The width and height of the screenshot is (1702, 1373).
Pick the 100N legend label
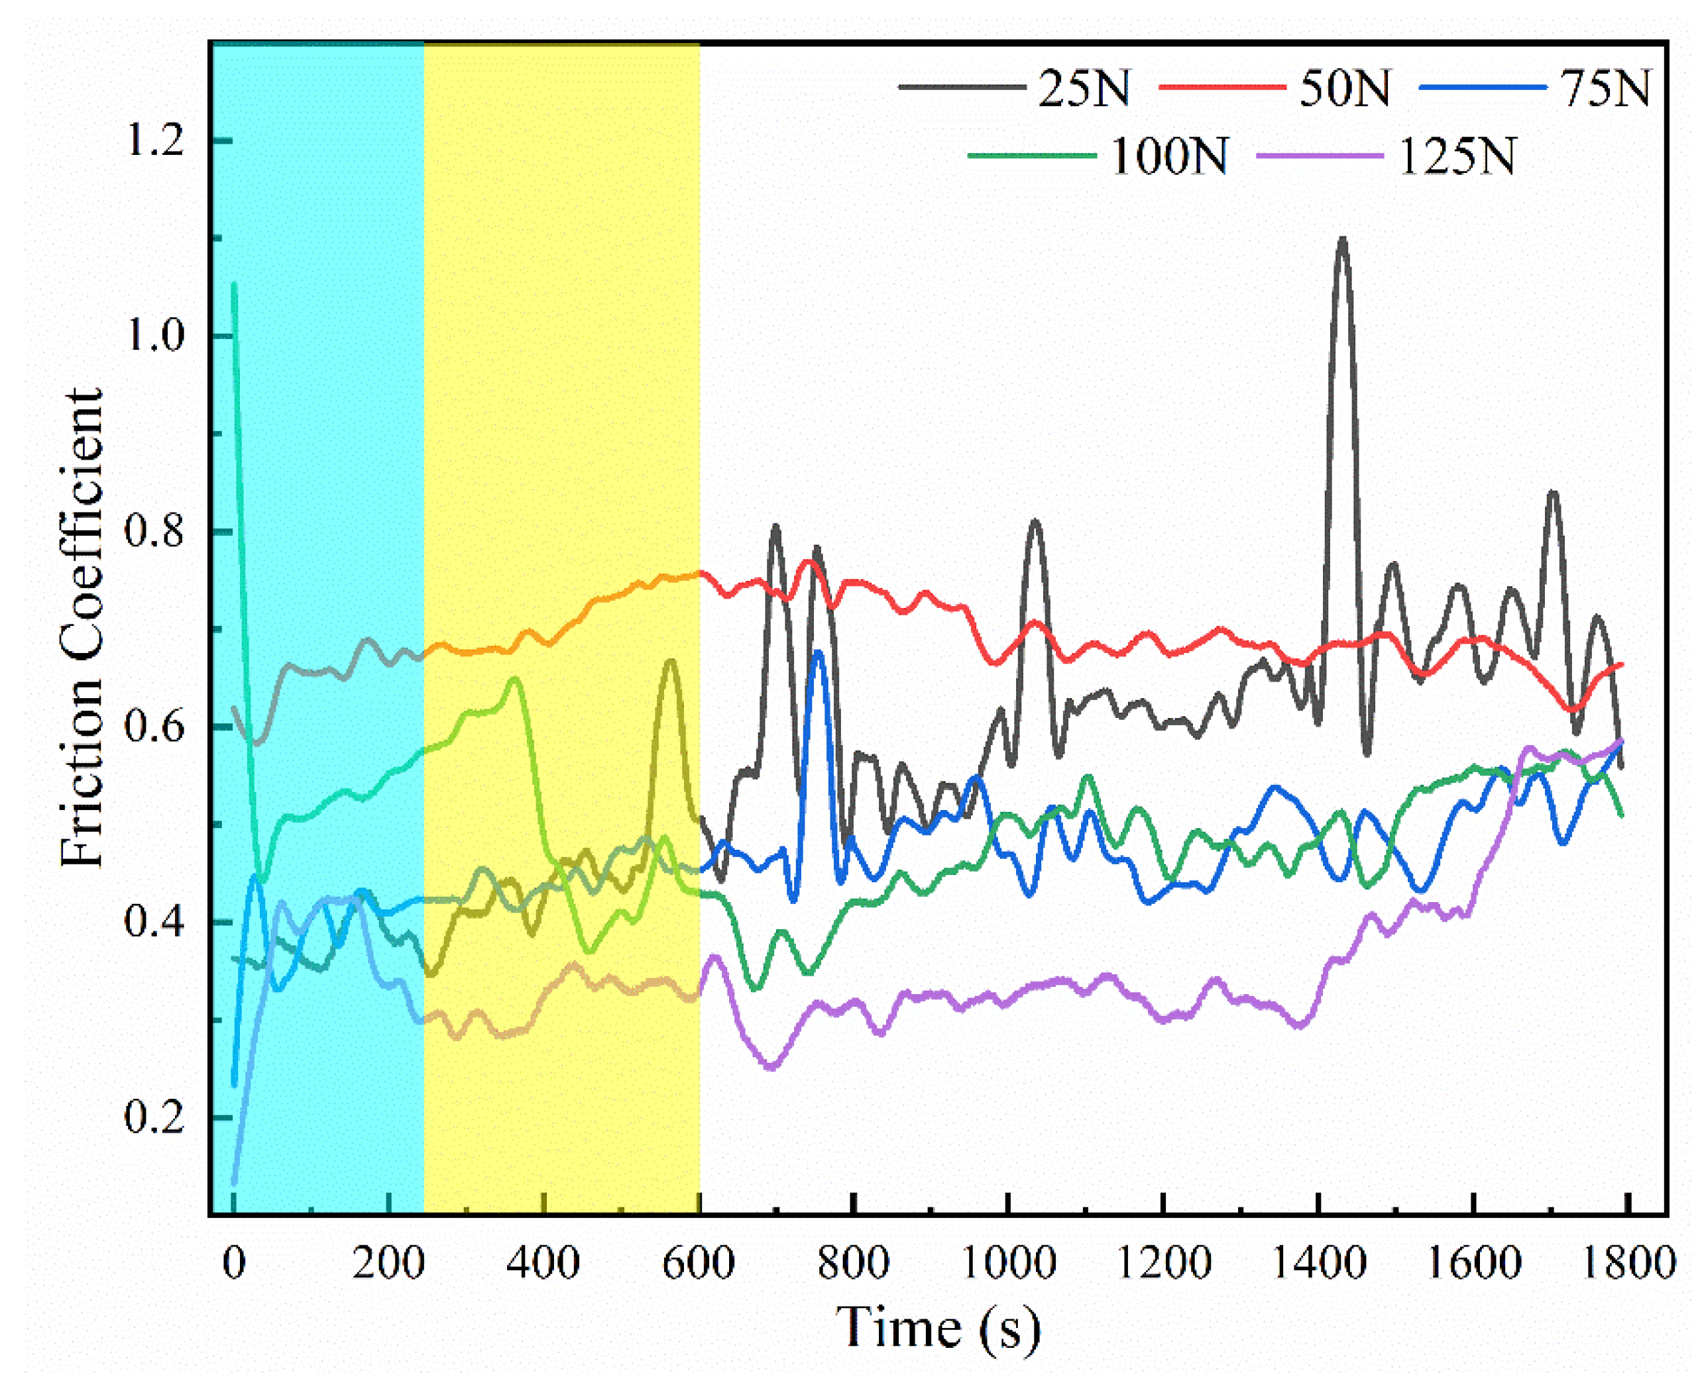tap(1170, 156)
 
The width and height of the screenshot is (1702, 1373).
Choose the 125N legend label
tap(1457, 156)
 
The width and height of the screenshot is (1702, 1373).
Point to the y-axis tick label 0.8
tap(154, 531)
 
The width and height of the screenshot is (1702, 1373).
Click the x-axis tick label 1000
tap(1008, 1263)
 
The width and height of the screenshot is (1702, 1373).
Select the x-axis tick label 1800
tap(1628, 1263)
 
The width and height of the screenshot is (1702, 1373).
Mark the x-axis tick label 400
tap(543, 1263)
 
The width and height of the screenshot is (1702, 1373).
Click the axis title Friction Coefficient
tap(82, 629)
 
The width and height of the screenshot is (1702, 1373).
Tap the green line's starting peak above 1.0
tap(234, 285)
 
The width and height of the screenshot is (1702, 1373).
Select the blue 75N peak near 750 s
tap(818, 652)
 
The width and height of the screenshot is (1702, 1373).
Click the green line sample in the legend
tap(1032, 156)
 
